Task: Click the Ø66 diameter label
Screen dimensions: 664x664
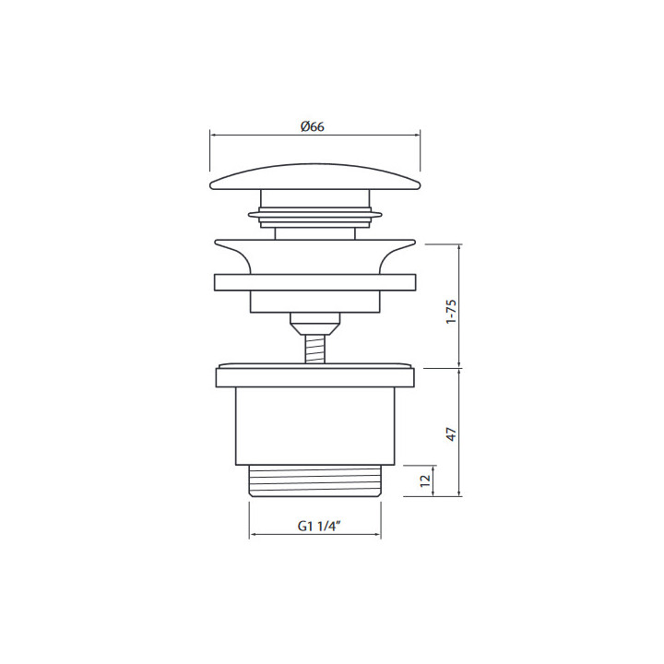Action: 313,126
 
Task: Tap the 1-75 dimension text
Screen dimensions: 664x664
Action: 451,312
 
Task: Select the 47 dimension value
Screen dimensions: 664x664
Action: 452,434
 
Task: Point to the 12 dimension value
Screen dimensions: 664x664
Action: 425,480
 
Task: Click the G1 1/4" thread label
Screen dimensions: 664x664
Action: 319,526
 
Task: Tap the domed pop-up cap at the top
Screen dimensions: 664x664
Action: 315,177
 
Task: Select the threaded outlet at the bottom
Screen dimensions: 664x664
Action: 315,480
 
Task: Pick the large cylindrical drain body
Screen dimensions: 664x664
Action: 315,426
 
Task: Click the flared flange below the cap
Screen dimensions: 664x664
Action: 315,256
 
